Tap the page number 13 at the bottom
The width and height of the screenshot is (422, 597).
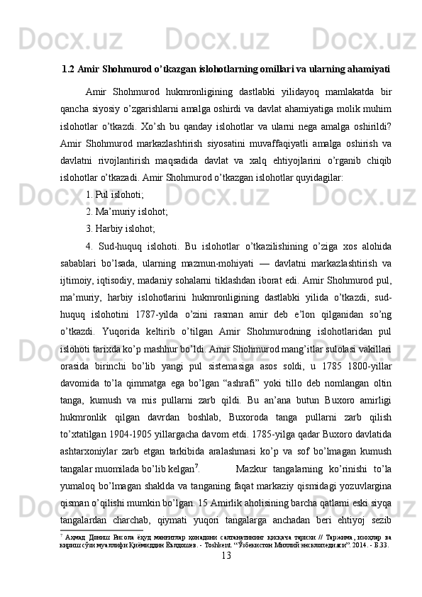pyautogui.click(x=226, y=574)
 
